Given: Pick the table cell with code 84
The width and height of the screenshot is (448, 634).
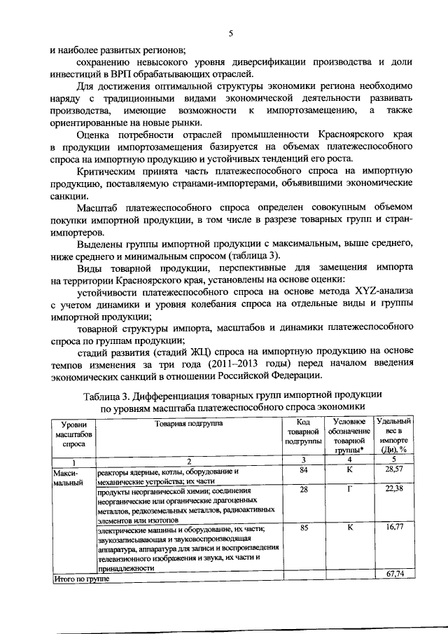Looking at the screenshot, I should coord(303,471).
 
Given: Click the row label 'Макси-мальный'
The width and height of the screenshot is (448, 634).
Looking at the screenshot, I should coord(68,477).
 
